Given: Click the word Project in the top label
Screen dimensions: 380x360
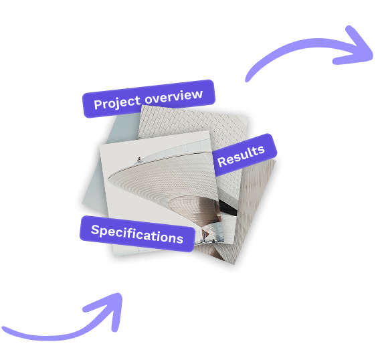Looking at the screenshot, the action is (x=117, y=103).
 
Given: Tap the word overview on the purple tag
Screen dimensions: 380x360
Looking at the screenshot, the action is (x=173, y=96).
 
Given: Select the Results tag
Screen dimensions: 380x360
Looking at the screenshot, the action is (x=245, y=155).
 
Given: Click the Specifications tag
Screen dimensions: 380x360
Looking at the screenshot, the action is (x=137, y=234).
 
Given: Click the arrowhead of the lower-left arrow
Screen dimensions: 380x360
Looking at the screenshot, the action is (x=106, y=308).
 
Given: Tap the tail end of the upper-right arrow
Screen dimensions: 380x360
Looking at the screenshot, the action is (x=247, y=80).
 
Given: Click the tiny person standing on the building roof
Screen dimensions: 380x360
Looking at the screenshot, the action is (x=139, y=159).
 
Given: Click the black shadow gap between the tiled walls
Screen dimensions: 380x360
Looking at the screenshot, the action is (x=228, y=207).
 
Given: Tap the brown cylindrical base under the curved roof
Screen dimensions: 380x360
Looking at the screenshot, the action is (x=196, y=209).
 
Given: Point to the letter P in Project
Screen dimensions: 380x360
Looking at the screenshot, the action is (x=98, y=104).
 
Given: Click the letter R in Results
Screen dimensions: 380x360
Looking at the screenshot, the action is (x=221, y=162).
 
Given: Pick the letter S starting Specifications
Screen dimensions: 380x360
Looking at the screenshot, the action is (x=95, y=230).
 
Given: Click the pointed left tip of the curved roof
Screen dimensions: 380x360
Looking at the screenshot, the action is (x=108, y=179).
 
